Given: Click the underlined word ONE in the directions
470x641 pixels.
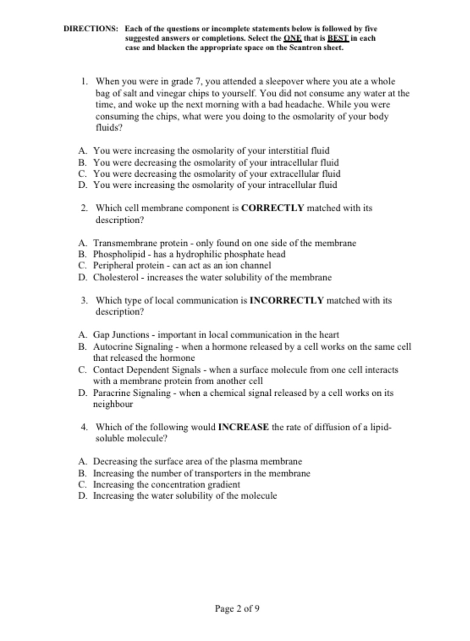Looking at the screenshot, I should [x=290, y=38].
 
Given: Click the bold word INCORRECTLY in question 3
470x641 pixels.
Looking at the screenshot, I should [x=287, y=301].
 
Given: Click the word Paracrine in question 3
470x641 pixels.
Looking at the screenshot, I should [x=112, y=393].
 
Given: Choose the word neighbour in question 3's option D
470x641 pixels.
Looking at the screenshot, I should [x=113, y=404].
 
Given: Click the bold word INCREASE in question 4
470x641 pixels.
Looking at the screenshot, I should [x=243, y=427].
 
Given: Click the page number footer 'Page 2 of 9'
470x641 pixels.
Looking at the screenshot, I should [x=237, y=608].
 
